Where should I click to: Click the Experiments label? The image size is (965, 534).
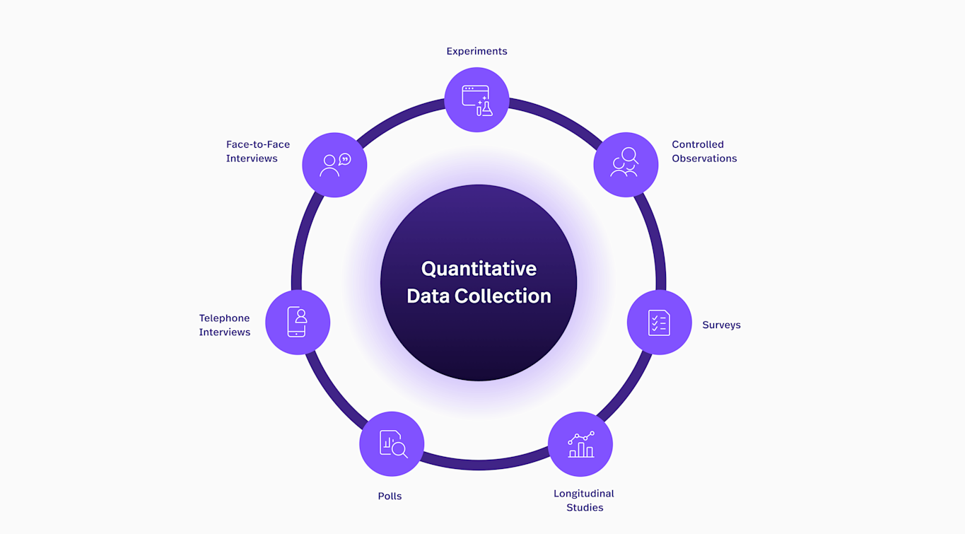click(x=476, y=51)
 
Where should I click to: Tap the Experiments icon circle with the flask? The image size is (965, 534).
click(x=476, y=100)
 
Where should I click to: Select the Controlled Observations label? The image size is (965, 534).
click(x=704, y=151)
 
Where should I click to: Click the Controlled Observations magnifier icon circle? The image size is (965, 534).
click(x=626, y=165)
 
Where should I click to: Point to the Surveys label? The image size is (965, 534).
click(x=721, y=325)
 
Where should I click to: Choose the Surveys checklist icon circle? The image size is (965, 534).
click(x=659, y=323)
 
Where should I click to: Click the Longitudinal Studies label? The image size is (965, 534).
click(x=584, y=500)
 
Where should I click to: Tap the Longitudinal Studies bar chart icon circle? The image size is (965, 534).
click(x=580, y=444)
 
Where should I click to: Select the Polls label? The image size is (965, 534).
click(x=390, y=497)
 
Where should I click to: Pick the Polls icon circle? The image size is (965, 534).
click(x=392, y=444)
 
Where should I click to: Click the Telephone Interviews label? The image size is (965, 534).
click(x=224, y=325)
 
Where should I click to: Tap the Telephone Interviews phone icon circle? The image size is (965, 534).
click(x=298, y=323)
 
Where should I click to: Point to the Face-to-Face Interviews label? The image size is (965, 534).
click(x=257, y=151)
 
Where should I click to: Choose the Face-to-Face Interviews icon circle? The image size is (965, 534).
click(x=334, y=165)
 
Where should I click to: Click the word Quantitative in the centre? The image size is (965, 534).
click(x=479, y=269)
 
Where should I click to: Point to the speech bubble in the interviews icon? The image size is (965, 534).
click(x=344, y=159)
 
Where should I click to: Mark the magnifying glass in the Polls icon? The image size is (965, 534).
click(x=399, y=449)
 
